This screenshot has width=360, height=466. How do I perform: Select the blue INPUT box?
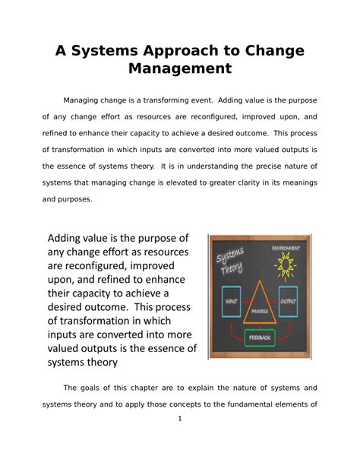click(231, 301)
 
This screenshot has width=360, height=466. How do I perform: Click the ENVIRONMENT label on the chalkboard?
click(286, 248)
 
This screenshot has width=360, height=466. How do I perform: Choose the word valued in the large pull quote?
click(73, 349)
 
